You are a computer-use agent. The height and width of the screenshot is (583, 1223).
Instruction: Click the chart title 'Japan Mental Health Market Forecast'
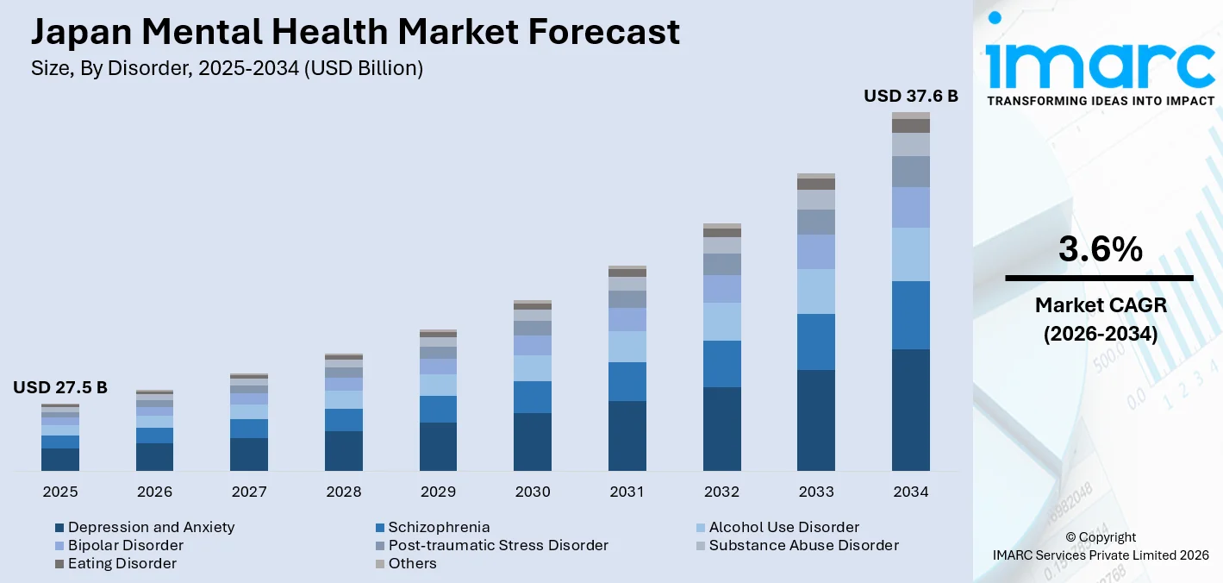[x=355, y=32]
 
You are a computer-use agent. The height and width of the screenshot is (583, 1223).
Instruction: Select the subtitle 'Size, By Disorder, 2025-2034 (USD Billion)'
[x=227, y=69]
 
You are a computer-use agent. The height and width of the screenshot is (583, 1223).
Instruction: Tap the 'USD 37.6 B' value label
[x=911, y=96]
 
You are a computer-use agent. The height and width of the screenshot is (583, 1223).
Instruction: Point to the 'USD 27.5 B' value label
[x=60, y=388]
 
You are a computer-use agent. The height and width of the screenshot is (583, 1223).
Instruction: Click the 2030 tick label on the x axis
[x=533, y=492]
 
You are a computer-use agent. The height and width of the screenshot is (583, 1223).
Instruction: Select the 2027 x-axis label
[x=249, y=492]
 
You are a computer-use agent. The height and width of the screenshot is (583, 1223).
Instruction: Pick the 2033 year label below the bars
[x=816, y=492]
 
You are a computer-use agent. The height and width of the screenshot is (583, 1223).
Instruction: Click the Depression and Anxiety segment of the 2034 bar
[x=911, y=410]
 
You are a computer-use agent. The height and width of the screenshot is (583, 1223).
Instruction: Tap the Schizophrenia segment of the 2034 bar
[x=911, y=315]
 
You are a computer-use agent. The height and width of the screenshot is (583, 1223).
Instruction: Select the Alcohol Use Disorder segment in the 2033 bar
[x=816, y=291]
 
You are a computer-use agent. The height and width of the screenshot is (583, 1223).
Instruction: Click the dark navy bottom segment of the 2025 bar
[x=60, y=459]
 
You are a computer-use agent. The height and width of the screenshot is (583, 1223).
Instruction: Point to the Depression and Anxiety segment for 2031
[x=627, y=436]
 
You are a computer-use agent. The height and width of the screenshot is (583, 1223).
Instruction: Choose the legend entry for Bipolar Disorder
[x=125, y=545]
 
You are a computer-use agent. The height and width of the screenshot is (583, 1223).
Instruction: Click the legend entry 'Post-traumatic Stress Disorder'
[x=497, y=545]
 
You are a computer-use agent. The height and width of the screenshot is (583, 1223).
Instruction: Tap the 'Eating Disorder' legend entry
[x=122, y=563]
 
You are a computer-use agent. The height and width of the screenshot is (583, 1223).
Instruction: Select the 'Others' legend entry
[x=412, y=563]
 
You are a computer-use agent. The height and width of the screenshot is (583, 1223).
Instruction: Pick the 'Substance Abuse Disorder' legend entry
[x=803, y=545]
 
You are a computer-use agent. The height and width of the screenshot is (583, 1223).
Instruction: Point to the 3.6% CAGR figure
[x=1100, y=250]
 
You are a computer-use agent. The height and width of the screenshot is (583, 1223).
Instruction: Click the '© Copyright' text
[x=1100, y=537]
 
